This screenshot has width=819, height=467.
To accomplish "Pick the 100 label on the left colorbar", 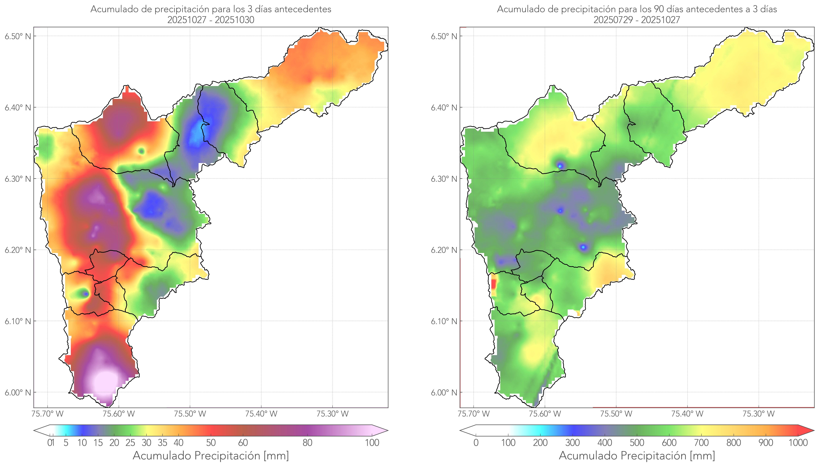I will [x=372, y=443].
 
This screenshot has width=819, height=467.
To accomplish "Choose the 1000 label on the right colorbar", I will [x=798, y=443].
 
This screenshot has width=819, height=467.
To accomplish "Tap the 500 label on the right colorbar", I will [x=637, y=443].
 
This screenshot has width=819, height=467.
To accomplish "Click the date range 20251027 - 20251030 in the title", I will [x=211, y=20].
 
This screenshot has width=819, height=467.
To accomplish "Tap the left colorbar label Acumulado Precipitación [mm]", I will [x=211, y=455].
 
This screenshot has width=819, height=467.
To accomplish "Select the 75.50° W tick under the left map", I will [x=190, y=414].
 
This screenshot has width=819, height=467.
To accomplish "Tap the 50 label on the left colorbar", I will [x=211, y=443].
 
